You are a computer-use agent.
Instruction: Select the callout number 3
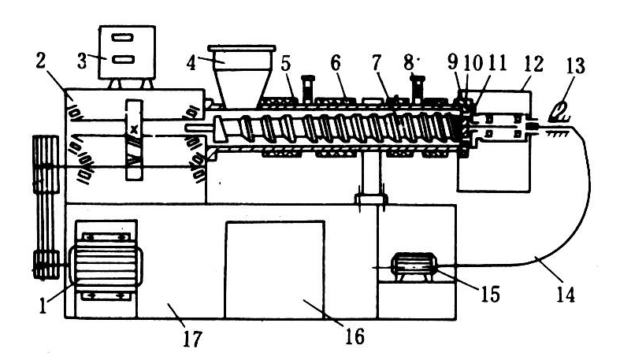coord(82,61)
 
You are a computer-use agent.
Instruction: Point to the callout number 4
coord(191,63)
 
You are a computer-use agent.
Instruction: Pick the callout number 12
coord(534,63)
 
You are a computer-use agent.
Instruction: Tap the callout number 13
coord(575,65)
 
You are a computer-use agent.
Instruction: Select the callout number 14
coord(566,295)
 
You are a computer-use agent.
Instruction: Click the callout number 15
coord(490,294)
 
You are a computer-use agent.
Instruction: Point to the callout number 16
coord(355,336)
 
